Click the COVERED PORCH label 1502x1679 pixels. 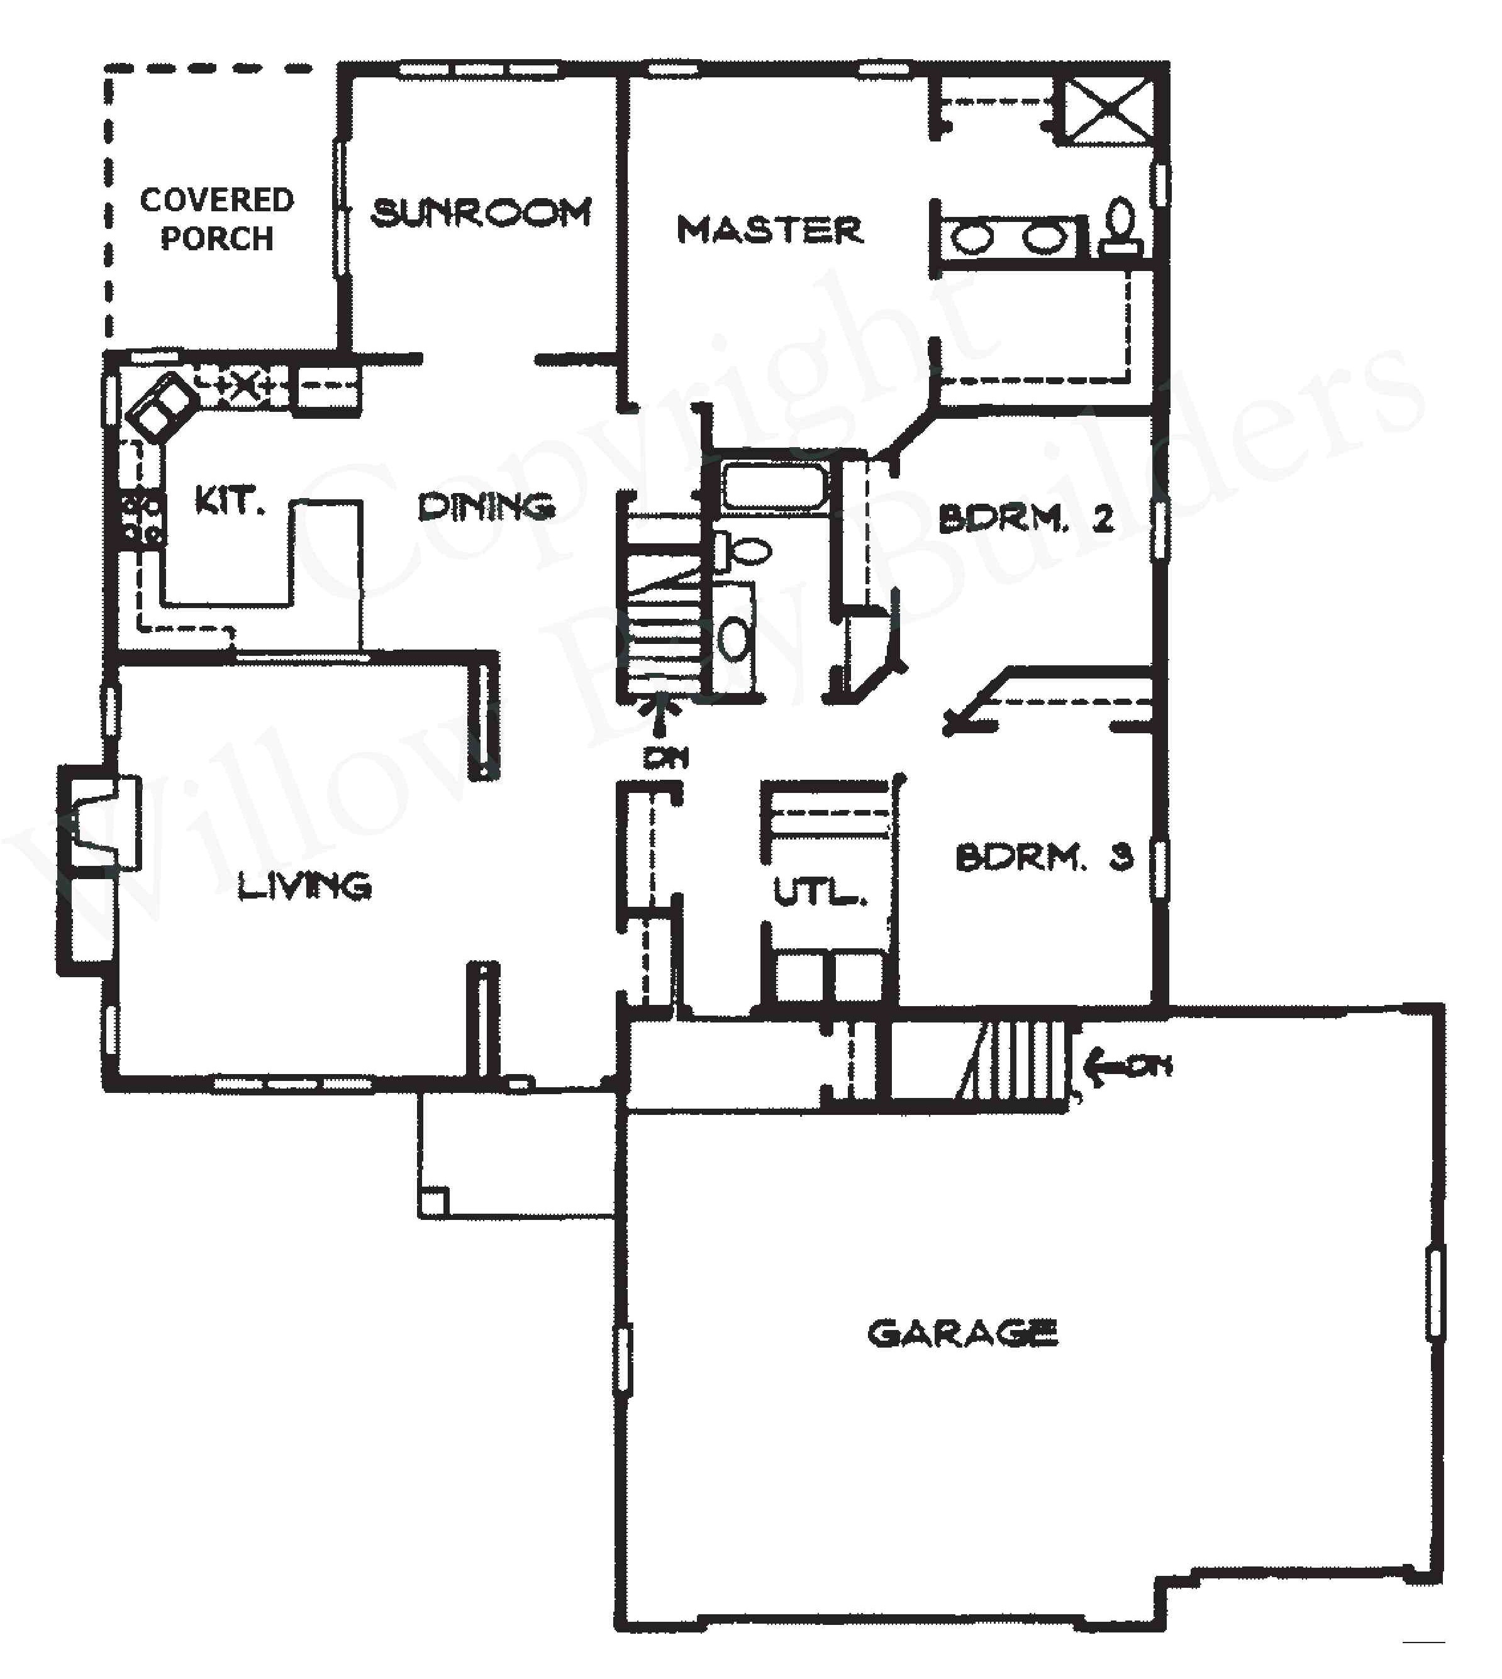click(x=216, y=219)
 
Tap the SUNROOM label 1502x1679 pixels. click(x=481, y=214)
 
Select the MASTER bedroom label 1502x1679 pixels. click(x=769, y=230)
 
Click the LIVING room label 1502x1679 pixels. click(x=304, y=886)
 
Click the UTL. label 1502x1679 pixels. click(x=820, y=892)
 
